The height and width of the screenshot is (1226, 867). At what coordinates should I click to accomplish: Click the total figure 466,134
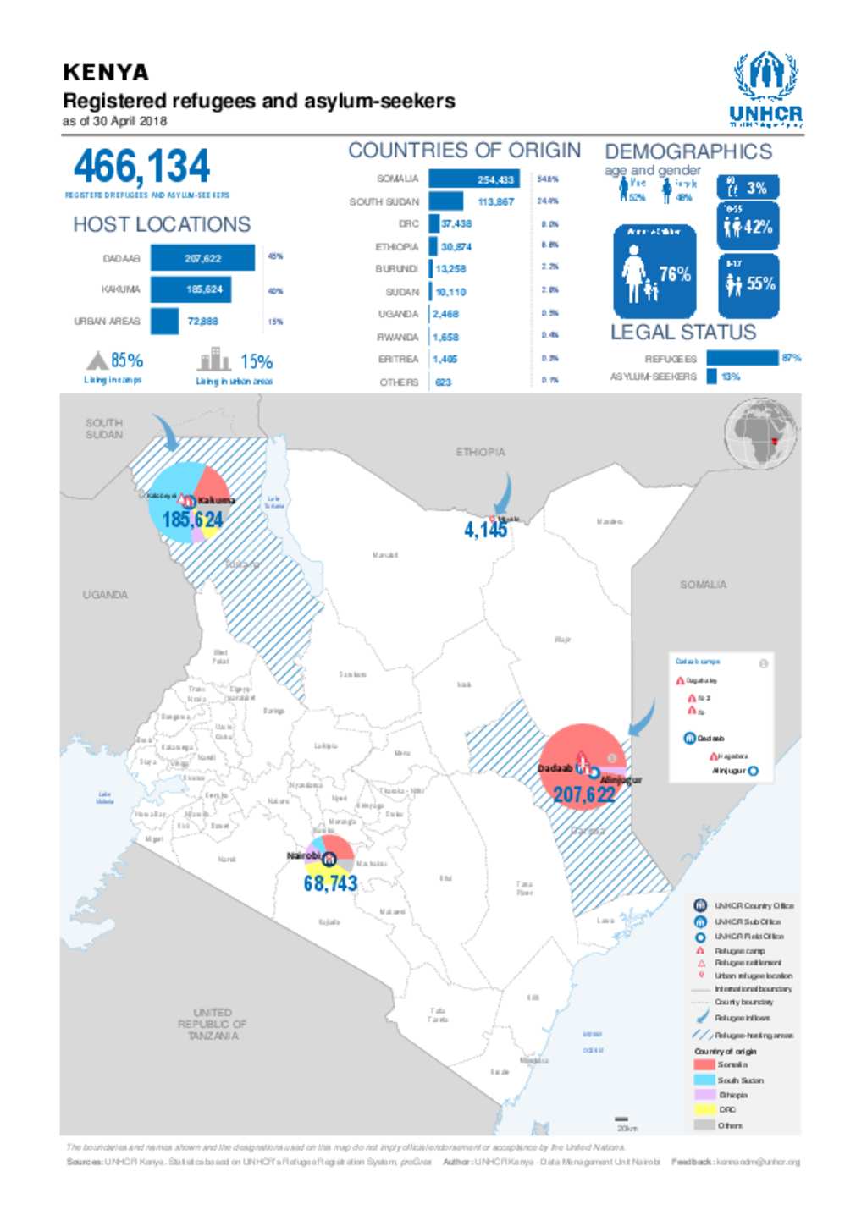tap(141, 166)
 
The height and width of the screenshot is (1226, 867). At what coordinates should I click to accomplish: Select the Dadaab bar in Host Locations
tap(202, 258)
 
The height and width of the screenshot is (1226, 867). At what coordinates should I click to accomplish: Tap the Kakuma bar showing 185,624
tap(191, 289)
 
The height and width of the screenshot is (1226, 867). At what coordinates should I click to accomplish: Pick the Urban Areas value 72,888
tap(202, 322)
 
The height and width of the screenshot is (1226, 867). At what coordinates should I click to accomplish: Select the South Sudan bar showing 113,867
tap(445, 201)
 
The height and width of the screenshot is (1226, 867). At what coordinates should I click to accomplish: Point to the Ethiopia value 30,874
tap(456, 247)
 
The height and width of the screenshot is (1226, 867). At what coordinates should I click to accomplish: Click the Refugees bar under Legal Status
tap(742, 358)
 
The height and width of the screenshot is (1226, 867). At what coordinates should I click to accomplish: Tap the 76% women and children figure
tap(674, 274)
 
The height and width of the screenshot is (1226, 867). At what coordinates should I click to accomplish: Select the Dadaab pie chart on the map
tap(583, 766)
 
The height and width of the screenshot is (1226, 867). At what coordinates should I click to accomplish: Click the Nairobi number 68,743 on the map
tap(330, 883)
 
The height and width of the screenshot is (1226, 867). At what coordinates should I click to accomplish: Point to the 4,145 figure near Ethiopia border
tap(485, 531)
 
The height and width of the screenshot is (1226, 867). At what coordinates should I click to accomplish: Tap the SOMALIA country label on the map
tap(703, 585)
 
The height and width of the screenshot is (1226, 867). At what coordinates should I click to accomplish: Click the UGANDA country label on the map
tap(105, 595)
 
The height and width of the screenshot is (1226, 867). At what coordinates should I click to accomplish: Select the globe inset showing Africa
tap(761, 434)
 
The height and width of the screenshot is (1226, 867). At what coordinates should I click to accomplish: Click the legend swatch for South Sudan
tap(704, 1080)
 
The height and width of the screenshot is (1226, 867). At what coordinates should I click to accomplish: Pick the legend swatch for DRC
tap(704, 1109)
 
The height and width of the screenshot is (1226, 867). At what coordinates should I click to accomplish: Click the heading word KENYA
tap(106, 73)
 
